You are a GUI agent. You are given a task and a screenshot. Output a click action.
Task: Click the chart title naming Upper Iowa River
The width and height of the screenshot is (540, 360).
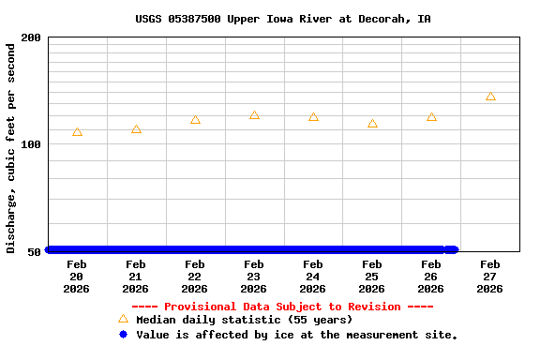point(283,19)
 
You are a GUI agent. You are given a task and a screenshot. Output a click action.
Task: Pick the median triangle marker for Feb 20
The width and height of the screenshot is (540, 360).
point(77,132)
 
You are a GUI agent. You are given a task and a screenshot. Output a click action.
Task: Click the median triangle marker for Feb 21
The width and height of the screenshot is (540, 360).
point(136,129)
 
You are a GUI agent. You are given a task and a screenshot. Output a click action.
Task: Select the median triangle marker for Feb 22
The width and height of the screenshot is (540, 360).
point(195,120)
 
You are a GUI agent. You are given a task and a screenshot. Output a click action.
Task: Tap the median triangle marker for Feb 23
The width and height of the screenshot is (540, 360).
point(254,115)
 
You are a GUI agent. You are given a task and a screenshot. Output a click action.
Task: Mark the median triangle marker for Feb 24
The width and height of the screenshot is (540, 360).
point(313,117)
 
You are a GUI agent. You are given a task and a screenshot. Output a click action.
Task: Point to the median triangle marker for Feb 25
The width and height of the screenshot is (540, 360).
point(372,124)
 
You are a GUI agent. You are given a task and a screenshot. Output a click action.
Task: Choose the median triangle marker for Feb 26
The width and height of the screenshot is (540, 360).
point(431,117)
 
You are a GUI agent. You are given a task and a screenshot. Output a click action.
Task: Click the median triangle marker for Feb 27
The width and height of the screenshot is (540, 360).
point(490,97)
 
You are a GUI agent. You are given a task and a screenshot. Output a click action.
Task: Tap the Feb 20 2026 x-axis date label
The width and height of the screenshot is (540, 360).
point(77,277)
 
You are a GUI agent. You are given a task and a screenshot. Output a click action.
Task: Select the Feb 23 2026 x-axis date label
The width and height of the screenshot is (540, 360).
point(254,277)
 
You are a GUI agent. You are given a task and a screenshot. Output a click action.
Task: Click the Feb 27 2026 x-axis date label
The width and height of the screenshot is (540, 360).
point(490,277)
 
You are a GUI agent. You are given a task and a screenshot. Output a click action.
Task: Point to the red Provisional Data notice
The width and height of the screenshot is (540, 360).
point(282,307)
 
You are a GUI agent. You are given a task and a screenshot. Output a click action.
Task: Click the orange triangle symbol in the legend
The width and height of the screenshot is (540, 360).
point(123,320)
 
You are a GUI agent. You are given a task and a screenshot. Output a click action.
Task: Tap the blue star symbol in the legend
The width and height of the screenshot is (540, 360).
point(123,334)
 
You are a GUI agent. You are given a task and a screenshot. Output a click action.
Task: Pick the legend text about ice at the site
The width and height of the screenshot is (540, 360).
point(296,335)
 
